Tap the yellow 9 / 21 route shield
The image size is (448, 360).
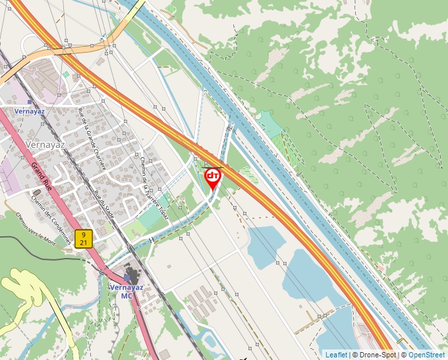[x=82, y=238]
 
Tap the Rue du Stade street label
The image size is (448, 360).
[x=105, y=205]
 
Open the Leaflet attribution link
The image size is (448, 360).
[x=336, y=355]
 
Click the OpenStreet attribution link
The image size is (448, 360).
[x=426, y=355]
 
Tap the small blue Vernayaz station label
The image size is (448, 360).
[x=29, y=112]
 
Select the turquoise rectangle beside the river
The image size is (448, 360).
[x=269, y=123]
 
